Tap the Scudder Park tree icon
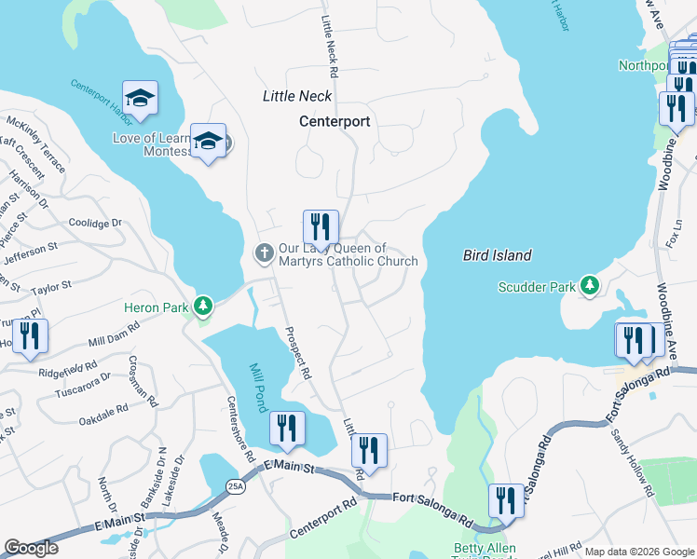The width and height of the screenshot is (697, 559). click(589, 286)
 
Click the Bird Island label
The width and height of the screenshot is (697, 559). click(498, 255)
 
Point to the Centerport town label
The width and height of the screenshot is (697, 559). click(335, 121)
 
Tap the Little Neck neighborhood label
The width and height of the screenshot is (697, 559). click(296, 96)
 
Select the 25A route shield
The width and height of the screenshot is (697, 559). click(233, 486)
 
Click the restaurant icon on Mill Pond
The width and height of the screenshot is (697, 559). click(286, 428)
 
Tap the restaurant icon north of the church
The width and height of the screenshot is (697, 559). click(320, 225)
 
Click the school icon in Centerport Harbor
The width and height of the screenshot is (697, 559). click(140, 97)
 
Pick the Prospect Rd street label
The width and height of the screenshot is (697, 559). click(298, 352)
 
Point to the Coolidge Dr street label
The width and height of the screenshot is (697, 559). click(96, 224)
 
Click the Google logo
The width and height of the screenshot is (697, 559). click(31, 547)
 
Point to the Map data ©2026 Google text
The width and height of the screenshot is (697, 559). click(639, 552)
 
